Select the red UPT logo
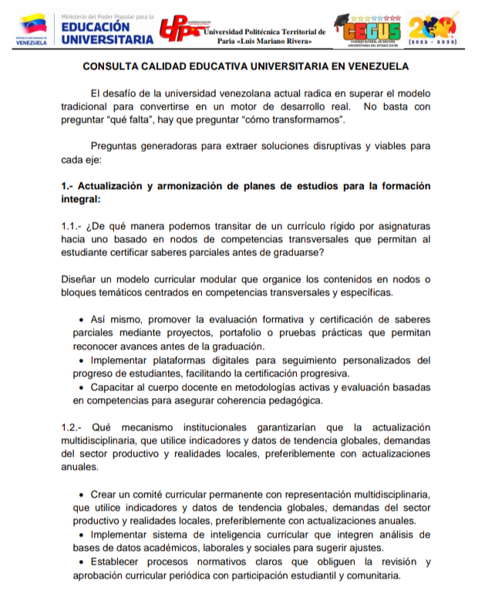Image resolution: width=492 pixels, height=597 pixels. [x=180, y=29]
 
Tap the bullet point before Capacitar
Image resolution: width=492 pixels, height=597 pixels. [x=83, y=387]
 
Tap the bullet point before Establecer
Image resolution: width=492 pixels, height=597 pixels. [x=83, y=562]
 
